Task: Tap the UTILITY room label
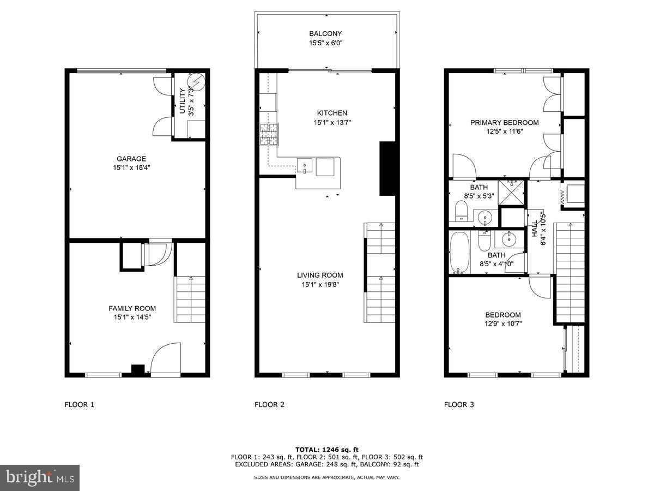tap(183, 101)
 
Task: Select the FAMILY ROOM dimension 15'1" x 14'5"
tap(132, 317)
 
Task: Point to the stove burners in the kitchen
tap(269, 134)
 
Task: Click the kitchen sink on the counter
tap(305, 164)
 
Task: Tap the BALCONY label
tap(325, 34)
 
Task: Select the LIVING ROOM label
tap(320, 276)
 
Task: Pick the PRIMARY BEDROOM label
tap(504, 122)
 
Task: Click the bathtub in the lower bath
tap(459, 253)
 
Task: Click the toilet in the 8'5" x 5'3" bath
tap(462, 211)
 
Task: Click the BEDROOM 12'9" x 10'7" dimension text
tap(502, 324)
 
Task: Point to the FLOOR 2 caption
tap(269, 404)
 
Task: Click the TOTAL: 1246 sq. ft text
tap(326, 449)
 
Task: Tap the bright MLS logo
tap(40, 478)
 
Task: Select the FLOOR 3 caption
tap(459, 404)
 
